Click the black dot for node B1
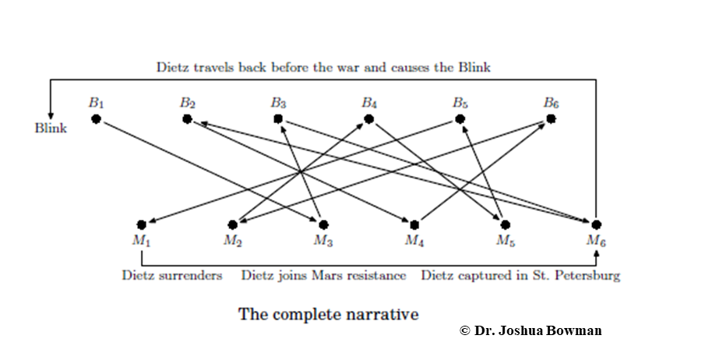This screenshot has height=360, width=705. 96,118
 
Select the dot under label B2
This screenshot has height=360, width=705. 188,118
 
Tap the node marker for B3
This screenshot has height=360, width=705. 278,118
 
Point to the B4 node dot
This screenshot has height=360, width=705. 369,118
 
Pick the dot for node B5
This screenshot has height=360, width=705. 460,118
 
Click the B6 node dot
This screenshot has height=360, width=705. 552,118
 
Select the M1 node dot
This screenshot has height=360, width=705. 142,224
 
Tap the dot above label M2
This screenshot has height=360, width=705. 232,224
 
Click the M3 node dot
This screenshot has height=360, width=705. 323,224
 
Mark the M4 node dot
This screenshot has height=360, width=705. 414,224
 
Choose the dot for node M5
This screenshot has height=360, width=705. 506,224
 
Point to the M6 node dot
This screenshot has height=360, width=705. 597,224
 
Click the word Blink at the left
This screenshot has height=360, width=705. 51,129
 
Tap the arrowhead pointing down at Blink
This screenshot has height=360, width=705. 51,116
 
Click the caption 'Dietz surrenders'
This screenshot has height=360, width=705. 172,275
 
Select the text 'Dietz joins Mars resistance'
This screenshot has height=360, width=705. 324,275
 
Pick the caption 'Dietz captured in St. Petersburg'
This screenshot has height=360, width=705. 520,275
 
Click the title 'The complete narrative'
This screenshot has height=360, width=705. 328,314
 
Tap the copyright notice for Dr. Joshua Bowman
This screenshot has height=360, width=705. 531,330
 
